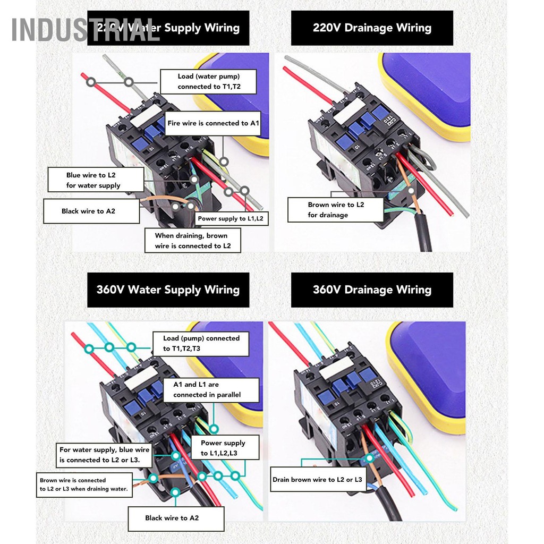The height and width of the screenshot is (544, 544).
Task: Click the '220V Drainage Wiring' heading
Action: pos(372,28)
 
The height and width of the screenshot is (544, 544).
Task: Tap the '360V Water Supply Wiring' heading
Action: pos(168,290)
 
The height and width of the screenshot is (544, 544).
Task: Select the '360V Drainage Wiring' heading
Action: pos(372,290)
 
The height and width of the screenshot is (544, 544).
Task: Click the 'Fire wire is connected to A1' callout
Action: pos(213,123)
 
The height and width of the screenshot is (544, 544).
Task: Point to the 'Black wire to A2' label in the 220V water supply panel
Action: pos(88,211)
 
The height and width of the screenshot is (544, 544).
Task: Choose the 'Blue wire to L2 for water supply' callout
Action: pos(93,180)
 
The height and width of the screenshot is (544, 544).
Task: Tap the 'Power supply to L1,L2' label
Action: pos(230,218)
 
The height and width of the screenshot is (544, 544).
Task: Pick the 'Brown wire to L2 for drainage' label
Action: pos(336,210)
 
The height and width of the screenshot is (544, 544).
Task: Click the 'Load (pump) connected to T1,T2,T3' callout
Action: pos(201,344)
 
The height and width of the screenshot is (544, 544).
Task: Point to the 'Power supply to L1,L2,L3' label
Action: pos(223,448)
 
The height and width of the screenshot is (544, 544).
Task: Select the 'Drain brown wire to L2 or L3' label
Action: pos(317,480)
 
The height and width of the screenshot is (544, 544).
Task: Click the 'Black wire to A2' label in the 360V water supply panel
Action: pos(172,518)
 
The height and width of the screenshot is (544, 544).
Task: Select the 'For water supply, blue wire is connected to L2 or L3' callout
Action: pos(104,455)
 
